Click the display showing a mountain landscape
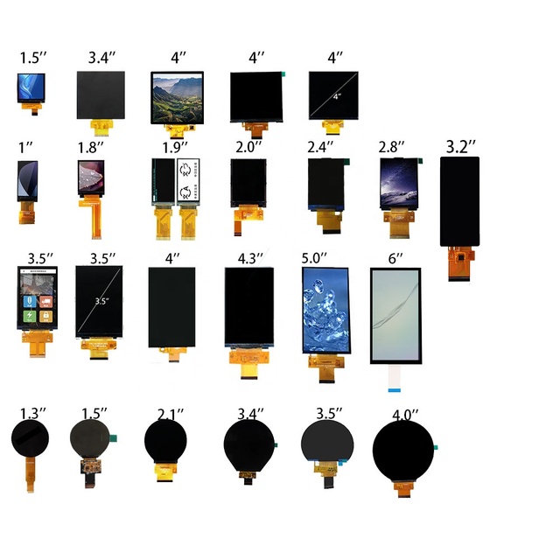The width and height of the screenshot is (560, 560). click(x=178, y=96)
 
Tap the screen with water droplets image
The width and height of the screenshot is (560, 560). click(x=325, y=310)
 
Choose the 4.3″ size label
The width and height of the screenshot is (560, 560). click(x=249, y=259)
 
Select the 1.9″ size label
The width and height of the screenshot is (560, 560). click(x=178, y=146)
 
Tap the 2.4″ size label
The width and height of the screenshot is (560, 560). click(x=321, y=146)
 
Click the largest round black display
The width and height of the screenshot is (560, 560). click(x=405, y=451)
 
